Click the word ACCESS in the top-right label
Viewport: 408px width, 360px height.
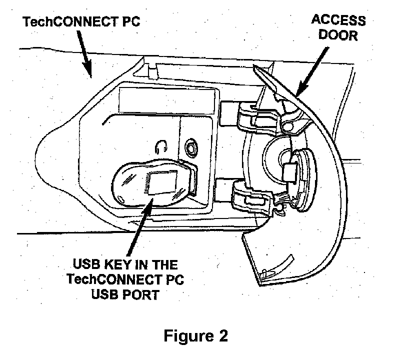pyautogui.click(x=338, y=21)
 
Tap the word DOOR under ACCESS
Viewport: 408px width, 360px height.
pyautogui.click(x=338, y=36)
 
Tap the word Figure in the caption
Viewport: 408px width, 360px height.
pyautogui.click(x=188, y=336)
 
